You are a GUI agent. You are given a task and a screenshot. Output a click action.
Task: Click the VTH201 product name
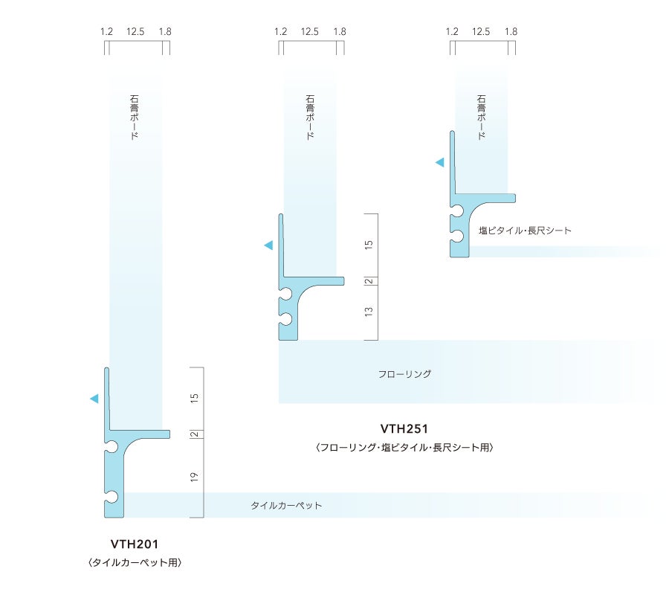click(x=135, y=544)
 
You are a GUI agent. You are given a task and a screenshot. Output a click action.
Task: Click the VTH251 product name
click(x=404, y=428)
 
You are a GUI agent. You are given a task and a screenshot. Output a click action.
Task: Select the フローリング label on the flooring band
click(x=404, y=374)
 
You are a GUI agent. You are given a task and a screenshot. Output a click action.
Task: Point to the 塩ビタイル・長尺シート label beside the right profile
click(x=525, y=231)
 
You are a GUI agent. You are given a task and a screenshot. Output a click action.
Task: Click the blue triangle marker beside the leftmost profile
click(x=94, y=399)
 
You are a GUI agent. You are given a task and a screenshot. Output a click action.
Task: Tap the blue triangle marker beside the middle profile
click(x=268, y=245)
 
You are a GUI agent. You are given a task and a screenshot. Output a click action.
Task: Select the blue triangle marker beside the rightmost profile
click(x=440, y=162)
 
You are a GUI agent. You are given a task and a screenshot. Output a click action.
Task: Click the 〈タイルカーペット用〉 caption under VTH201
click(x=135, y=563)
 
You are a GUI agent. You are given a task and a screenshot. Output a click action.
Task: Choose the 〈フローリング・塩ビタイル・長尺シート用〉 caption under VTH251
click(x=404, y=448)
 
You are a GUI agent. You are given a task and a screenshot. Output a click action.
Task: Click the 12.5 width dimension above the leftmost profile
click(x=135, y=31)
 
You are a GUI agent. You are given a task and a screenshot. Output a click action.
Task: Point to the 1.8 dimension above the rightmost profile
click(x=511, y=31)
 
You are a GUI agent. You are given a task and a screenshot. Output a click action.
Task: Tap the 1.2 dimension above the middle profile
click(x=280, y=31)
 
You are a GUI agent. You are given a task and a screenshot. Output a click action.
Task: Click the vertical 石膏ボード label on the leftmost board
click(x=134, y=118)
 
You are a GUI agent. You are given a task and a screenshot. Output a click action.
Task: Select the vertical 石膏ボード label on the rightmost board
click(x=481, y=118)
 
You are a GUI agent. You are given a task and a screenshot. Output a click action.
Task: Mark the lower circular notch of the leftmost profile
click(x=111, y=496)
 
